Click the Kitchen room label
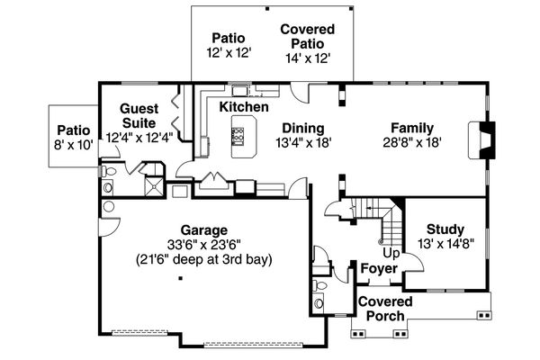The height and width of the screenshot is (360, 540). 244,107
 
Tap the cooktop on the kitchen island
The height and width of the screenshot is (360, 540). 238,135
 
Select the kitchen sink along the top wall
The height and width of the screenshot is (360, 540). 239,91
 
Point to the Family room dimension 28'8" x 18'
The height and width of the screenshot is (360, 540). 412,142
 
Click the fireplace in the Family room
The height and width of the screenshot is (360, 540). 481,140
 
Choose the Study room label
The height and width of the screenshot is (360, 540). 445,229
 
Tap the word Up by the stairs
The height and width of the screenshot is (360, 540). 391,254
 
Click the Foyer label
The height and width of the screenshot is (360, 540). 379,268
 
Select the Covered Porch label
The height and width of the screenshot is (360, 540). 385,309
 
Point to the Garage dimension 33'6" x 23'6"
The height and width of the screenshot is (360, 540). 204,245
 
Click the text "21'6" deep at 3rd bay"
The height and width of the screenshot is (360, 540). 204,259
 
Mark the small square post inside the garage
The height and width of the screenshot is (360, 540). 180,278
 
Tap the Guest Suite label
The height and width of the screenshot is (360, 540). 139,116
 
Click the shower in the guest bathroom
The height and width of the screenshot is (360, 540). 155,186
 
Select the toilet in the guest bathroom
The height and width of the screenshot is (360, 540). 107,171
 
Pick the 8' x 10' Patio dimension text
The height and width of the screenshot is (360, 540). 74,145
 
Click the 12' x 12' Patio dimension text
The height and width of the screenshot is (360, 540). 229,53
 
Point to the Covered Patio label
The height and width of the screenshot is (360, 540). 308,37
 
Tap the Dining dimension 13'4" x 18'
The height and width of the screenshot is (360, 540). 303,142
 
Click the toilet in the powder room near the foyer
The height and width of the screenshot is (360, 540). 319,285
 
